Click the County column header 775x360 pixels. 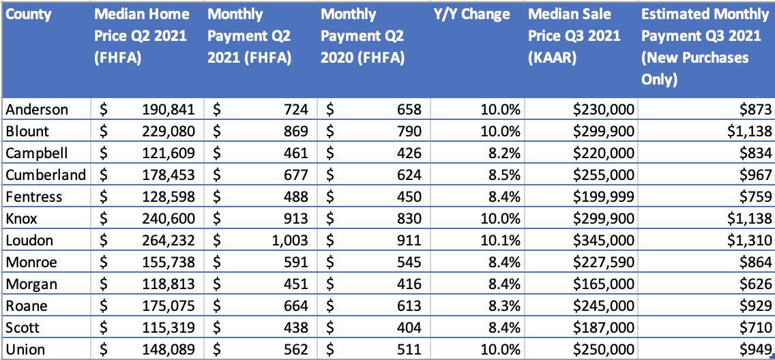pos(29,14)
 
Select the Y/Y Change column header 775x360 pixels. pos(471,14)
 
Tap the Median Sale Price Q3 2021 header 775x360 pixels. pos(574,35)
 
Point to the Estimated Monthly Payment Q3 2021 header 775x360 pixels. pos(705,46)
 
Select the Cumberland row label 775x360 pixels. pos(46,175)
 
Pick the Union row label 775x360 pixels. pos(25,350)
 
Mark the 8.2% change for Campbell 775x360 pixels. pos(505,153)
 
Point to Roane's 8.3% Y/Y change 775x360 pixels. pos(505,306)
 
